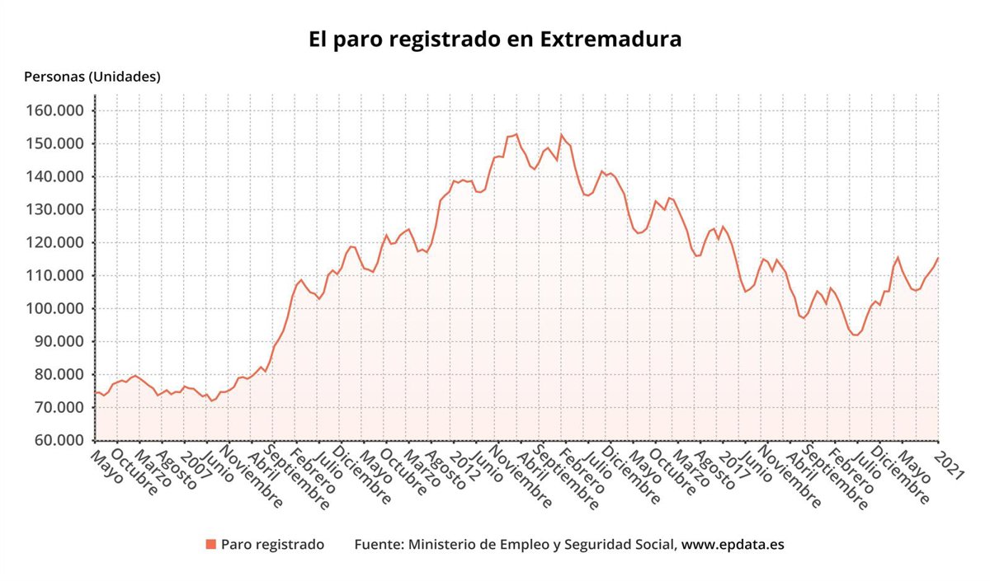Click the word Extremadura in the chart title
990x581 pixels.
[x=610, y=39]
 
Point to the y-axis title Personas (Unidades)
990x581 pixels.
[x=92, y=77]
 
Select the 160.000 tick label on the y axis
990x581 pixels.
[x=60, y=111]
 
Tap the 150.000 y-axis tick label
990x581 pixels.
[x=60, y=144]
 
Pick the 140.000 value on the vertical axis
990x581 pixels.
[x=60, y=177]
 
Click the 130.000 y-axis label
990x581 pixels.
[x=60, y=210]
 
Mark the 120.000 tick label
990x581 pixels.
[x=60, y=243]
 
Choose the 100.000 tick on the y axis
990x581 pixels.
[x=60, y=309]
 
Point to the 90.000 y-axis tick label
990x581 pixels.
[x=64, y=342]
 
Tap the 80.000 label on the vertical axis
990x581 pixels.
[x=64, y=375]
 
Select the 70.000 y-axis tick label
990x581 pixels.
[x=64, y=408]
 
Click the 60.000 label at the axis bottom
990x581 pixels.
[x=64, y=441]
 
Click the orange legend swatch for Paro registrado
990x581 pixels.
[x=210, y=545]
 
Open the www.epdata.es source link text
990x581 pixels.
[x=733, y=545]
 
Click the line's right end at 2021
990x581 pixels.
[x=938, y=259]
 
